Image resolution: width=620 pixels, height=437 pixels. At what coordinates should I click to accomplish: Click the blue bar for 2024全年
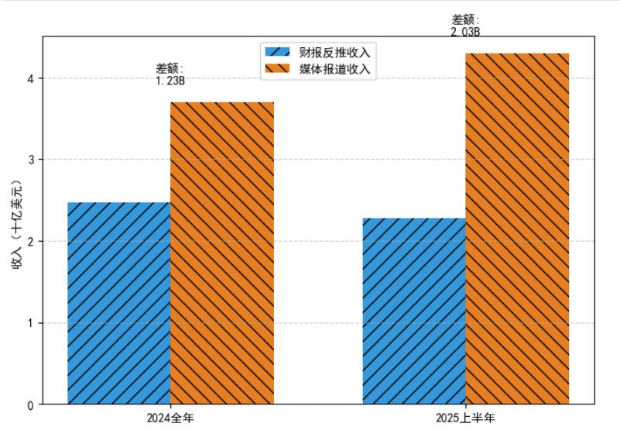(x=118, y=303)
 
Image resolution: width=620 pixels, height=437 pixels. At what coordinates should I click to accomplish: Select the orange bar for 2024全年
(x=221, y=253)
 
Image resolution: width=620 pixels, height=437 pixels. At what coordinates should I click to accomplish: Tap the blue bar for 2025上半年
(x=414, y=311)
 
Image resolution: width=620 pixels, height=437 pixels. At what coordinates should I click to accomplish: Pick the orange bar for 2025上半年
(x=517, y=229)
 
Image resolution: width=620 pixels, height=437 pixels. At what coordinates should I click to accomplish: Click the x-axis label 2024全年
(x=170, y=418)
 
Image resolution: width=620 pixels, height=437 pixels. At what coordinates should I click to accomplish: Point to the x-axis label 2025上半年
(x=465, y=418)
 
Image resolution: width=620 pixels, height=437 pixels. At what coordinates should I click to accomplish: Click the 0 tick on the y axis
(x=30, y=404)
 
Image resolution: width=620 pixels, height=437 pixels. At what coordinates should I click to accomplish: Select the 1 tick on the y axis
(x=30, y=323)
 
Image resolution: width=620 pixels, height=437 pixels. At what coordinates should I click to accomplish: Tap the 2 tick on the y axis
(x=30, y=242)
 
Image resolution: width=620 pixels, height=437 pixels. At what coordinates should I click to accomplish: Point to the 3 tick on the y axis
(x=30, y=160)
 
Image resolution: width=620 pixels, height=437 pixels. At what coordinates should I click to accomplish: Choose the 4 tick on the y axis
(x=30, y=78)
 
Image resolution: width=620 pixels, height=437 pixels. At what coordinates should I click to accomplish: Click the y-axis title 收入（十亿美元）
(x=16, y=224)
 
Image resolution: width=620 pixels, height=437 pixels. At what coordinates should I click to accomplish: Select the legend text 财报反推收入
(x=335, y=53)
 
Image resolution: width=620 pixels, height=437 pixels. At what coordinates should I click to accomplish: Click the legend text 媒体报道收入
(x=335, y=69)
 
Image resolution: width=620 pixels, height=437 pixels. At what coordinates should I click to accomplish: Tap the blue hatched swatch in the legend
(x=277, y=53)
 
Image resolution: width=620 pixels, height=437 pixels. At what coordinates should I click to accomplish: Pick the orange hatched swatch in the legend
(x=277, y=69)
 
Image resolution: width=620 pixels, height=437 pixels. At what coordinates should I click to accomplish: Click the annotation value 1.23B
(x=170, y=80)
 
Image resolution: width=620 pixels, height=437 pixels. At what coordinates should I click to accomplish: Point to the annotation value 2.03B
(x=465, y=32)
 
